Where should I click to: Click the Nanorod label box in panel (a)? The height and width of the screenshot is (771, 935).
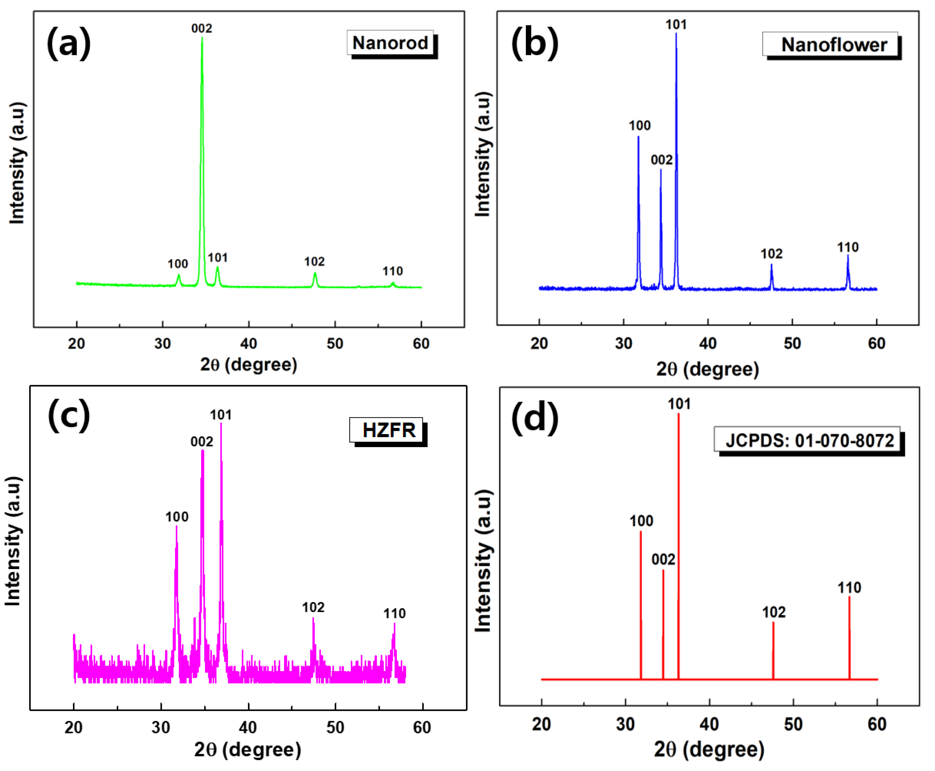click(x=390, y=43)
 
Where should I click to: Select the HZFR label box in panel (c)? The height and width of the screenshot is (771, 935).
click(x=388, y=430)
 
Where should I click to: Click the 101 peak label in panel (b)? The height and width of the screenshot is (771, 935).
click(x=676, y=25)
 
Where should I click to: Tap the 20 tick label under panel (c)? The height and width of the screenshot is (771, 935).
click(x=73, y=727)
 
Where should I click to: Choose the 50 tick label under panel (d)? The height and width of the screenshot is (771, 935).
click(x=793, y=724)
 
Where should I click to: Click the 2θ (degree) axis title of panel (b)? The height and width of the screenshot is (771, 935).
click(x=707, y=369)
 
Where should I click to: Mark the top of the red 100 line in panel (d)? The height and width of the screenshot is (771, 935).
click(x=640, y=532)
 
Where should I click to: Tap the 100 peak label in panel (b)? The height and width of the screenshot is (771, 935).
click(x=639, y=126)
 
